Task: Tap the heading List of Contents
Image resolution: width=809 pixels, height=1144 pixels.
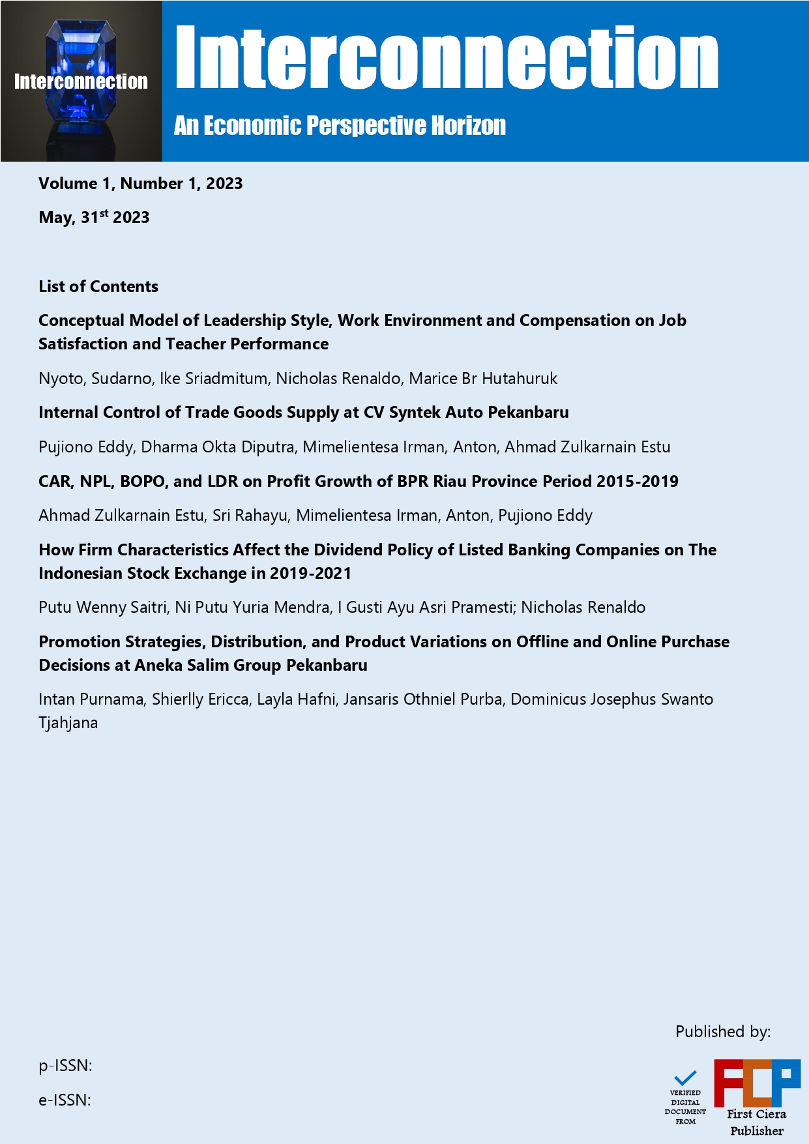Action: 98,286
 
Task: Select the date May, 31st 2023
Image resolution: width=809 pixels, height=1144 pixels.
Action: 94,217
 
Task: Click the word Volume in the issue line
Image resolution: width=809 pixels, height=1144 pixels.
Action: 68,184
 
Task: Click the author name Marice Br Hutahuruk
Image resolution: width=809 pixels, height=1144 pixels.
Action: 483,379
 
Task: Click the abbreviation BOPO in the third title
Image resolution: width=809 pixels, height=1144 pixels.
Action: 143,482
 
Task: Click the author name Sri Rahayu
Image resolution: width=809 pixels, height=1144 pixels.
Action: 250,516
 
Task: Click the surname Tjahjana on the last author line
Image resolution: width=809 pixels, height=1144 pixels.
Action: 68,723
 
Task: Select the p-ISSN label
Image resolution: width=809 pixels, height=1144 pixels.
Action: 65,1066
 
